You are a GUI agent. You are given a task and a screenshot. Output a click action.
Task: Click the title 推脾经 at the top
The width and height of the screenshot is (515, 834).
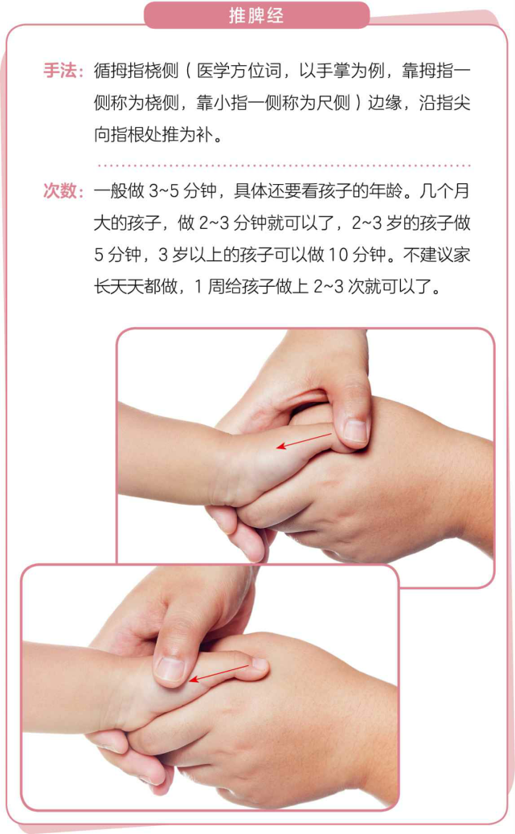(256, 15)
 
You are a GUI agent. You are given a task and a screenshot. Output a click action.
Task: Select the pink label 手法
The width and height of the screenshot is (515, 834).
(63, 71)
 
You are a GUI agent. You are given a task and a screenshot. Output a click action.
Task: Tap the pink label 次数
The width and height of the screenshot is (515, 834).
(63, 191)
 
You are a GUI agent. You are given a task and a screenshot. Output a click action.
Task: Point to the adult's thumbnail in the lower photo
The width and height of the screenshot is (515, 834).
(170, 668)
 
